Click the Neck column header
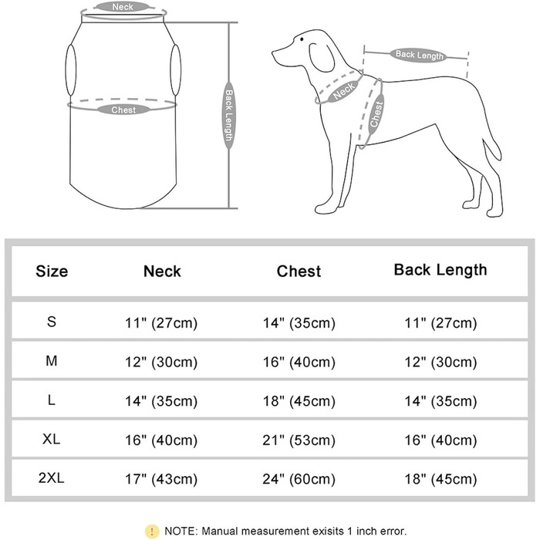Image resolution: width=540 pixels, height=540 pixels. [x=162, y=271]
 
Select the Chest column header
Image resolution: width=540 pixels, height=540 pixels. [x=299, y=271]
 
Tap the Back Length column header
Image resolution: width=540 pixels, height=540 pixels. [x=440, y=270]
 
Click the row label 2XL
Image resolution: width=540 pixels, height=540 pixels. [x=52, y=478]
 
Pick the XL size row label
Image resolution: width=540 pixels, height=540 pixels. [x=52, y=439]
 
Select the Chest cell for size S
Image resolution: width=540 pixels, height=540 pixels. [x=299, y=323]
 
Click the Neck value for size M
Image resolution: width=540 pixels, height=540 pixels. [x=161, y=362]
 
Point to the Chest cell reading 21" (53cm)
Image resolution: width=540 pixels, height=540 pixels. [x=299, y=440]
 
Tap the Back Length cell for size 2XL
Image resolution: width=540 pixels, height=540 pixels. [x=440, y=479]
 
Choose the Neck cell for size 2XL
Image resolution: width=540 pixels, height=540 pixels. [x=161, y=479]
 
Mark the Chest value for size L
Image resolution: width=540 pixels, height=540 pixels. [x=299, y=401]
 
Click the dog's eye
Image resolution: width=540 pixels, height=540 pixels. [x=302, y=39]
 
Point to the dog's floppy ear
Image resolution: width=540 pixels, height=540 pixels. [x=322, y=58]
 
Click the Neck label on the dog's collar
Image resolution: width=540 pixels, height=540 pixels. [x=344, y=91]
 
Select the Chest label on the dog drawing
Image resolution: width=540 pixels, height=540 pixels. [x=376, y=114]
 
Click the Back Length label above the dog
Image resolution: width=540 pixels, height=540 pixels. [x=419, y=55]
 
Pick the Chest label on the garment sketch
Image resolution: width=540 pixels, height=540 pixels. [x=123, y=110]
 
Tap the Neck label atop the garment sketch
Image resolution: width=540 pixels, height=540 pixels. [x=122, y=7]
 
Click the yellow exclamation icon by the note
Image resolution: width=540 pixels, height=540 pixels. [x=152, y=531]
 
